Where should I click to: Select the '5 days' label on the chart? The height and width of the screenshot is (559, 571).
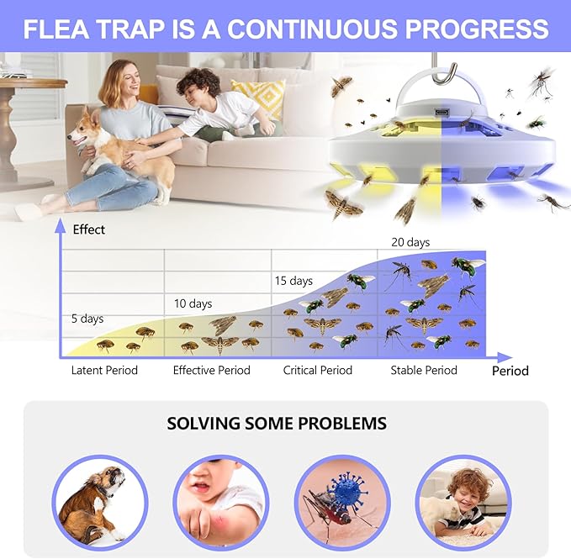coord(87,319)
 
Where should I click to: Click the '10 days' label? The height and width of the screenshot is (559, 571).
coord(193,303)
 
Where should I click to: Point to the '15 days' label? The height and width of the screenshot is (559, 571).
coord(293,281)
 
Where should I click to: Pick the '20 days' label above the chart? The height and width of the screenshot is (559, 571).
coord(410,242)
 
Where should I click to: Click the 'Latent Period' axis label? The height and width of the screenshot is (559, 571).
coord(104,370)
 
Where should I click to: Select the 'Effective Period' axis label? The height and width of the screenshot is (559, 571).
coord(211,370)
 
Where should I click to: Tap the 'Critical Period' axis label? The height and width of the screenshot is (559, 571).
coord(318,370)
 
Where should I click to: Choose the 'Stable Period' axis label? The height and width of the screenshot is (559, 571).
coord(424,370)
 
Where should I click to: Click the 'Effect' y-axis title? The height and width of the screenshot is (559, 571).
coord(89,229)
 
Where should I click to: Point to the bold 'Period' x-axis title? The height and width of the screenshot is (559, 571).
coord(510,370)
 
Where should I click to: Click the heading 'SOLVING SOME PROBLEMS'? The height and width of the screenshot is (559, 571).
coord(277,423)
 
